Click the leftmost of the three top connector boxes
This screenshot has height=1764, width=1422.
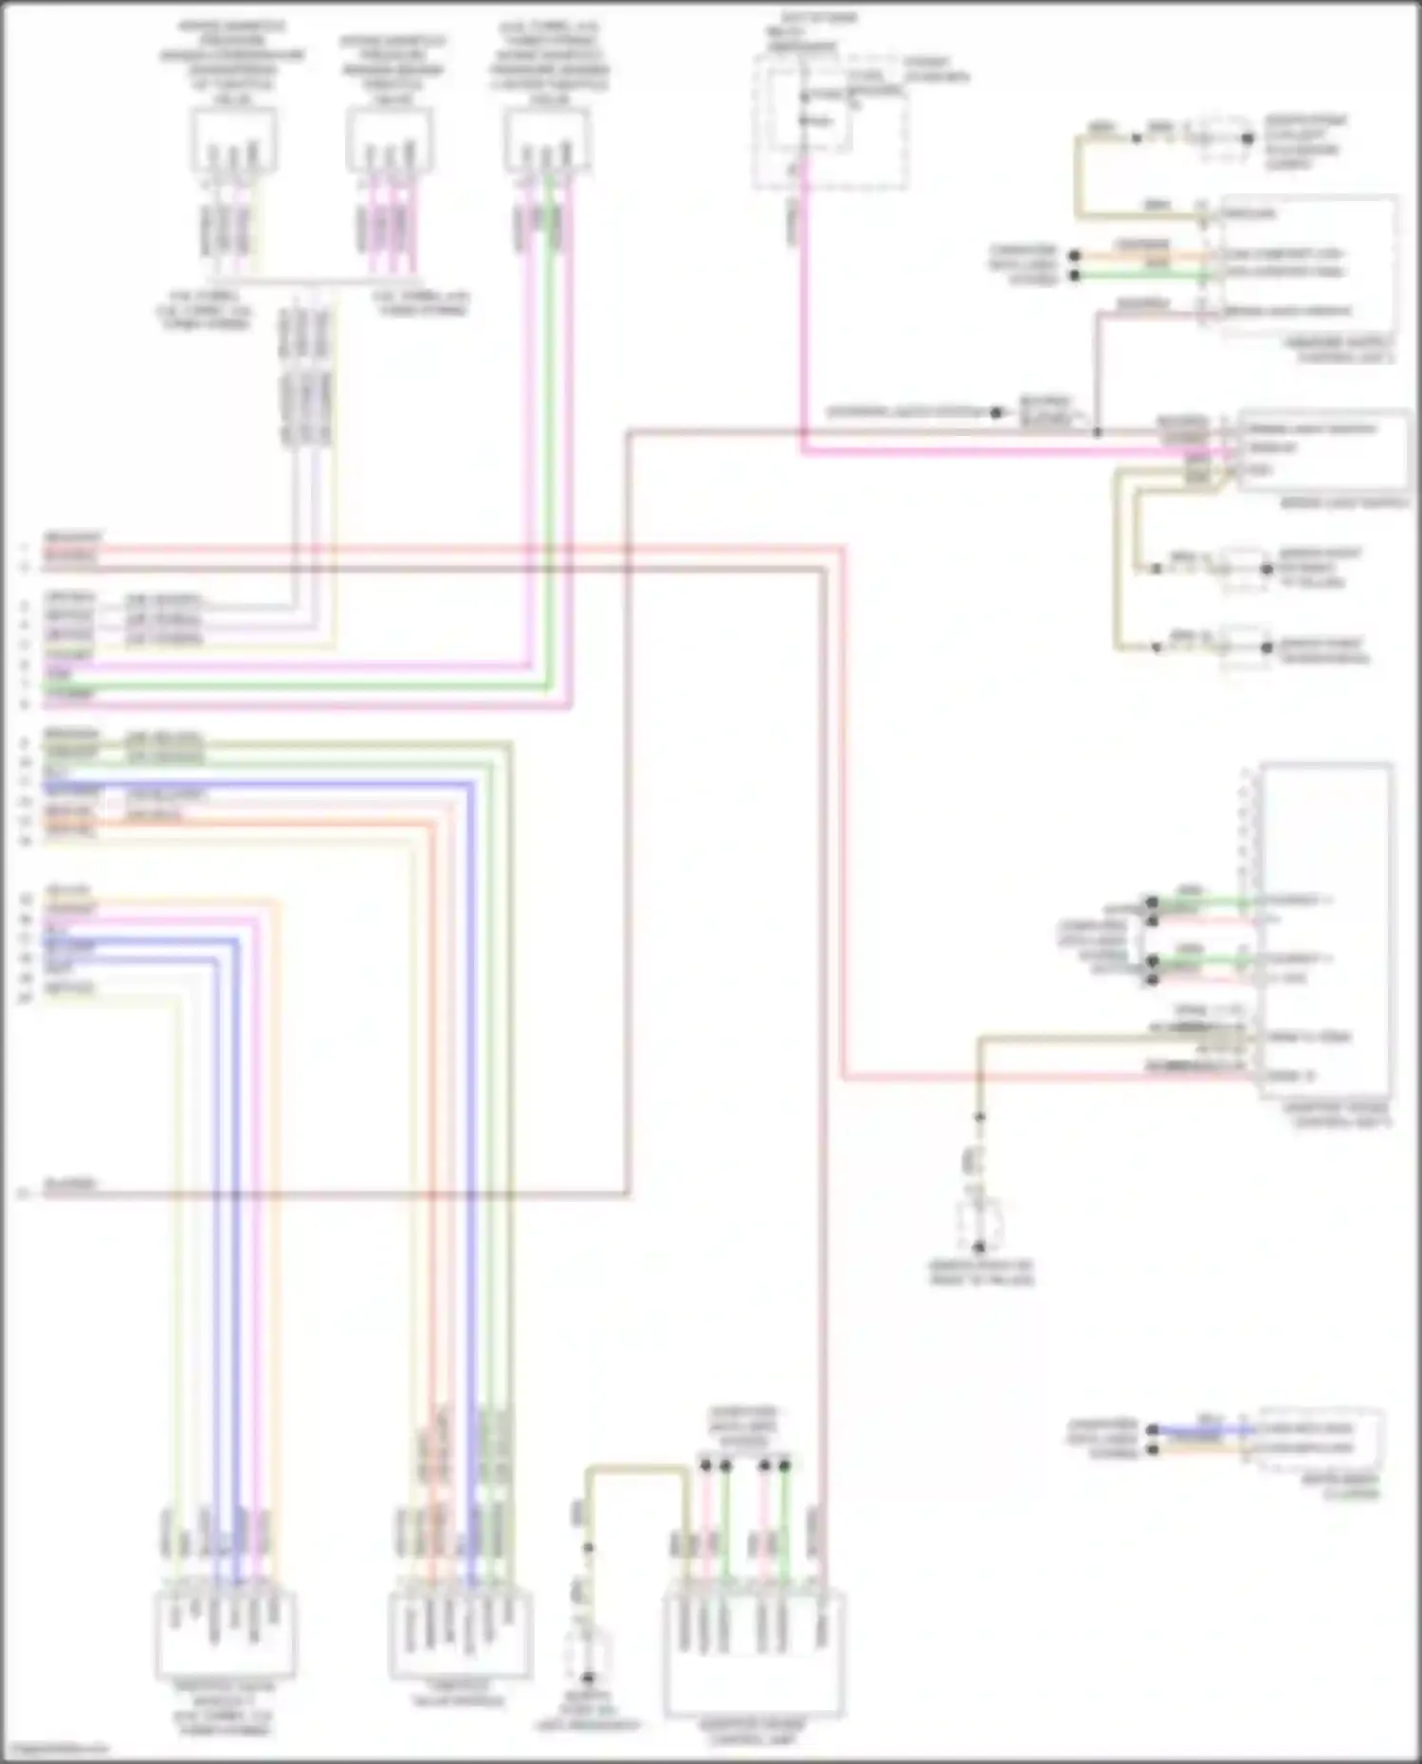233,139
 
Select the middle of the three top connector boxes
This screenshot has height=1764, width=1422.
390,139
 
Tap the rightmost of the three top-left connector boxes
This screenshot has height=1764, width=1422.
547,139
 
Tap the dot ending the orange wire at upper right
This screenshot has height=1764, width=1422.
1074,256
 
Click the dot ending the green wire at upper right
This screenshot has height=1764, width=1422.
1074,276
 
